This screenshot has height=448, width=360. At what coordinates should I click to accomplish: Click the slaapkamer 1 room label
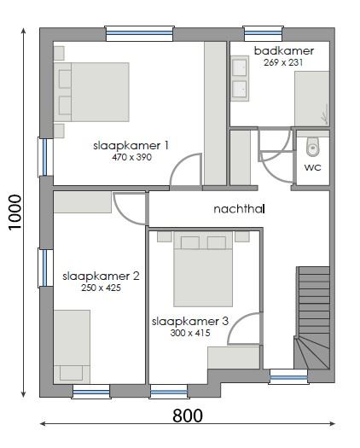(x=131, y=146)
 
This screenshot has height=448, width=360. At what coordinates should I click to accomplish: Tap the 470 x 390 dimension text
(x=131, y=157)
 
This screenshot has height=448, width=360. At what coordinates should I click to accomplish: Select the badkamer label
(x=284, y=51)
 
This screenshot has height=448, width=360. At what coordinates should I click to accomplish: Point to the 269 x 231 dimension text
(x=284, y=62)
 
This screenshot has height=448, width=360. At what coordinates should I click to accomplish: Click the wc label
(x=312, y=167)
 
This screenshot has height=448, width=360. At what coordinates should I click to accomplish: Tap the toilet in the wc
(x=312, y=146)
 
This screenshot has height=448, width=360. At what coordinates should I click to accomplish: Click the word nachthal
(x=240, y=208)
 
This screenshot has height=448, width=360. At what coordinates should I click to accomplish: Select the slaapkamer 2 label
(x=101, y=276)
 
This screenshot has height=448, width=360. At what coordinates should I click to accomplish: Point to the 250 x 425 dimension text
(x=101, y=288)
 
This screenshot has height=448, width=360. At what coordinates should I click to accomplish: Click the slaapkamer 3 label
(x=189, y=322)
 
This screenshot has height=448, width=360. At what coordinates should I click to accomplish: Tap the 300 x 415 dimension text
(x=189, y=333)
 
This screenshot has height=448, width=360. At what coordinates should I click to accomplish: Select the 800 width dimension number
(x=187, y=416)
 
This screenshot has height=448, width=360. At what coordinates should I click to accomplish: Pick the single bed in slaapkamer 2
(x=72, y=346)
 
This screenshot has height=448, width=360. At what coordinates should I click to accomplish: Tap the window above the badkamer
(x=263, y=33)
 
